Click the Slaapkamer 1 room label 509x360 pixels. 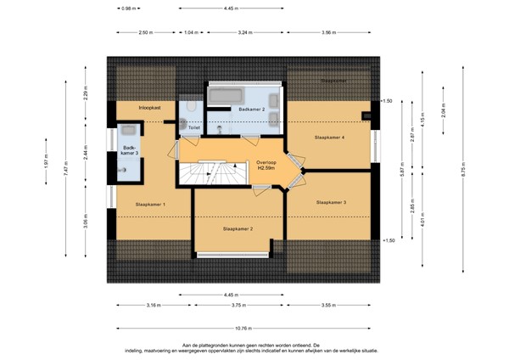pyautogui.click(x=151, y=205)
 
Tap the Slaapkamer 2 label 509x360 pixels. pyautogui.click(x=238, y=228)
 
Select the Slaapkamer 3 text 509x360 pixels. pyautogui.click(x=331, y=203)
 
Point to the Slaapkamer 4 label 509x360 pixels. pyautogui.click(x=329, y=136)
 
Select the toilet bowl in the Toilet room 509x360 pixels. pyautogui.click(x=194, y=109)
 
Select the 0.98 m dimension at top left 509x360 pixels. pyautogui.click(x=129, y=8)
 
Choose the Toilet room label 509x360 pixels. pyautogui.click(x=194, y=128)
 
